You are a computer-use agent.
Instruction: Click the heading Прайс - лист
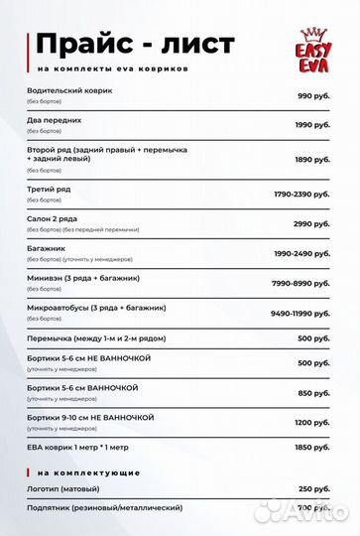pyautogui.click(x=135, y=44)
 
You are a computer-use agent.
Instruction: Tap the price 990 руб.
pyautogui.click(x=313, y=96)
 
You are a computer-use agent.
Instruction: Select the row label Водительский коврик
pyautogui.click(x=70, y=90)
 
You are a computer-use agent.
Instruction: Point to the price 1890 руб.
pyautogui.click(x=311, y=158)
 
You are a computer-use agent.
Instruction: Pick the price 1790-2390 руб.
pyautogui.click(x=302, y=195)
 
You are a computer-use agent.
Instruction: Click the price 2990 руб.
pyautogui.click(x=311, y=223)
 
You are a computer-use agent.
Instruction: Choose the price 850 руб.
pyautogui.click(x=314, y=393)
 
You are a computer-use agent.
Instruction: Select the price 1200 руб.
pyautogui.click(x=312, y=422)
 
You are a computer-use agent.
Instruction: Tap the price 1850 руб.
pyautogui.click(x=312, y=448)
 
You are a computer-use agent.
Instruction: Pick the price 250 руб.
pyautogui.click(x=314, y=488)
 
